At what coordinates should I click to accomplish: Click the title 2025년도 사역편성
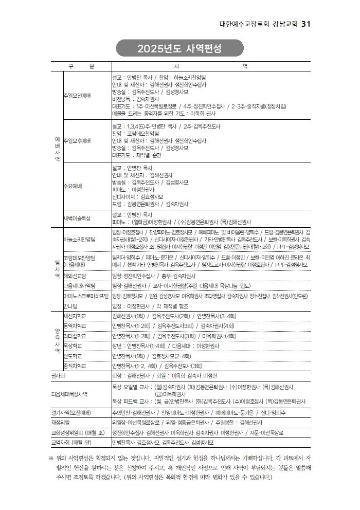(179, 49)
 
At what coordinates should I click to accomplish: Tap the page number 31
(306, 24)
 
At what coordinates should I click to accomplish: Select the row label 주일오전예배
(77, 96)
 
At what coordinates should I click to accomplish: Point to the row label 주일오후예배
(77, 140)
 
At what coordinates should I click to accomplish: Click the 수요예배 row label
(73, 186)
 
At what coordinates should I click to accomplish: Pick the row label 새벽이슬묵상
(77, 218)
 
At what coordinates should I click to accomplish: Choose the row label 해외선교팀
(75, 276)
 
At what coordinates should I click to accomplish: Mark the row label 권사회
(58, 376)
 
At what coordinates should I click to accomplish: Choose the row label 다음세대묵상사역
(69, 394)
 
